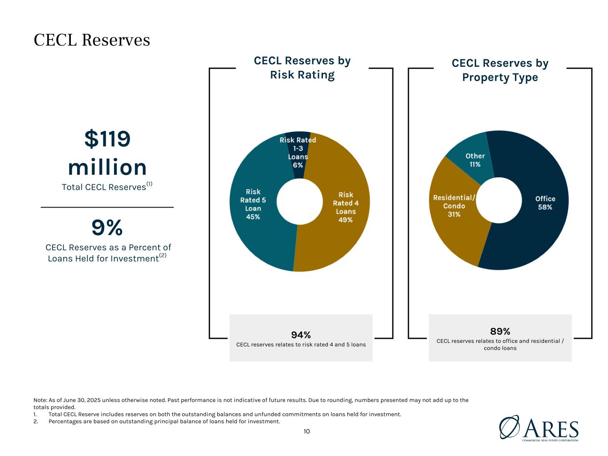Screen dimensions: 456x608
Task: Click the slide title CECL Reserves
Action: (x=92, y=40)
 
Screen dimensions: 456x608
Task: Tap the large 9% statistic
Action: (x=107, y=228)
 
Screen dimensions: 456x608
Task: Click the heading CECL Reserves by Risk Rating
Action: (x=302, y=68)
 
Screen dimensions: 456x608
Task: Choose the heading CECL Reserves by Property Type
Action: (x=500, y=70)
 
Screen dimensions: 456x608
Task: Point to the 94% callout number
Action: (x=301, y=335)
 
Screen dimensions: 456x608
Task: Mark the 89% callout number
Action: (x=500, y=331)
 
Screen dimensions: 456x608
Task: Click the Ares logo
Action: (x=539, y=428)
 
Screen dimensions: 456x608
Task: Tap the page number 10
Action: (x=306, y=431)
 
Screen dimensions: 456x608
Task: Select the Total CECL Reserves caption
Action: (x=104, y=187)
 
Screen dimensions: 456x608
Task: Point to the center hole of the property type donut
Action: (x=499, y=200)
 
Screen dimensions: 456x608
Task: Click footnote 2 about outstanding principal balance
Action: (x=164, y=421)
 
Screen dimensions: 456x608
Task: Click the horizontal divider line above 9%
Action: (x=107, y=207)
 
